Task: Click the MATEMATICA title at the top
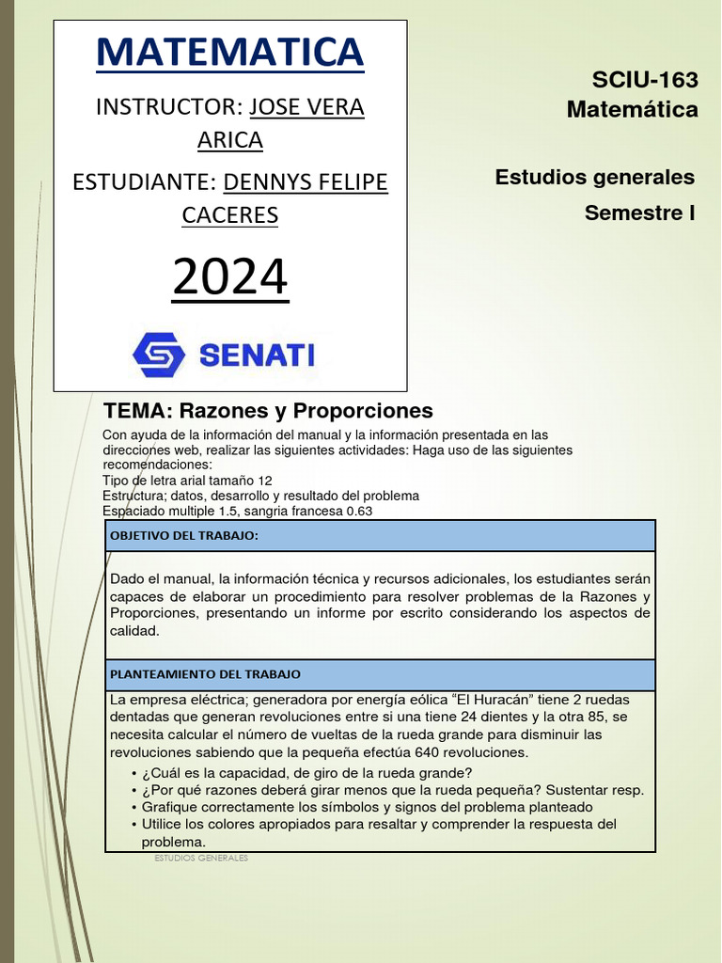tap(229, 53)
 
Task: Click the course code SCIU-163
tap(645, 81)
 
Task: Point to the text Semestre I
tap(639, 213)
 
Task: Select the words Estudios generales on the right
tap(594, 177)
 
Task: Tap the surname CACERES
tap(229, 215)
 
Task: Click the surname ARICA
tap(229, 140)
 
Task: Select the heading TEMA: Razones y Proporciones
tap(268, 411)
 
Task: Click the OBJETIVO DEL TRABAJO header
tap(184, 536)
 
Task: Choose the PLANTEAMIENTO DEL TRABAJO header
tap(205, 675)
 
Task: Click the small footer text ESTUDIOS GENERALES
tap(198, 859)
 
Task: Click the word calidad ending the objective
tap(134, 631)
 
